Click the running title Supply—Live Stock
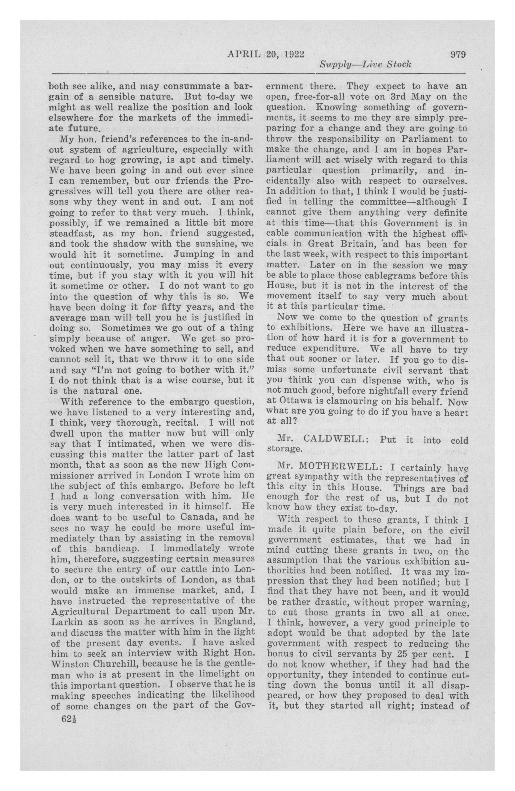(x=365, y=64)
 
